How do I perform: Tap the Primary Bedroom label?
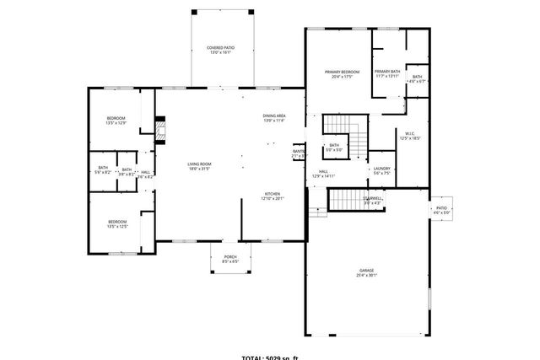[x=343, y=72]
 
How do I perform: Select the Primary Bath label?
[x=388, y=71]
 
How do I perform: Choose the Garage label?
[x=366, y=270]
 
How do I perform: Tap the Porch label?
[x=230, y=256]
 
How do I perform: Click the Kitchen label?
[x=273, y=194]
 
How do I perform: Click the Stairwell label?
[x=372, y=199]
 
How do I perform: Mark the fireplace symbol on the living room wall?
[x=158, y=129]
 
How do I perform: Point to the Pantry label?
[x=299, y=152]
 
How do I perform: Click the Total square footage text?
[x=270, y=357]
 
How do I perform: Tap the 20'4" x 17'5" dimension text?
[x=343, y=78]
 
